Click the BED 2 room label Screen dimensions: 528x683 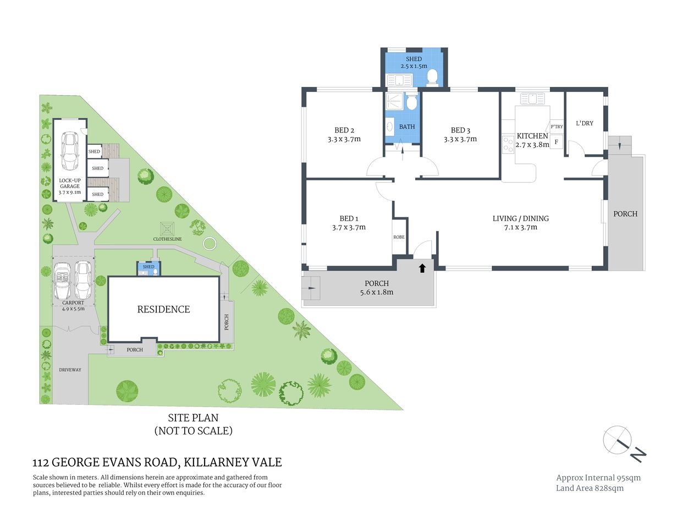click(344, 130)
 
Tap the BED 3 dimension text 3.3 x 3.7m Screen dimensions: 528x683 click(460, 140)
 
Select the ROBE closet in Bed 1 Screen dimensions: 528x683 click(399, 237)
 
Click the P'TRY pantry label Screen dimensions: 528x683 click(557, 127)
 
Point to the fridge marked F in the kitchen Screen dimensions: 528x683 click(556, 142)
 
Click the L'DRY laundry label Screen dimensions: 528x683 click(585, 123)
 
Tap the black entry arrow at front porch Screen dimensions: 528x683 click(422, 268)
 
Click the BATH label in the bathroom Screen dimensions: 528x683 click(407, 127)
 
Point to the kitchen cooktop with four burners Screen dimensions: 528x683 click(508, 144)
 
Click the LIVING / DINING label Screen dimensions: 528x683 click(520, 218)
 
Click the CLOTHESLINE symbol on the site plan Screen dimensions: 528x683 click(167, 228)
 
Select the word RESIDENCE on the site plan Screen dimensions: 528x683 click(163, 310)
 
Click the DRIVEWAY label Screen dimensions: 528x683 click(70, 370)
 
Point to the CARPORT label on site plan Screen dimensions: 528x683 click(73, 302)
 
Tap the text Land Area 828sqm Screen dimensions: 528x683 click(590, 488)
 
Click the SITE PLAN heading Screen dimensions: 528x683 click(193, 418)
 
